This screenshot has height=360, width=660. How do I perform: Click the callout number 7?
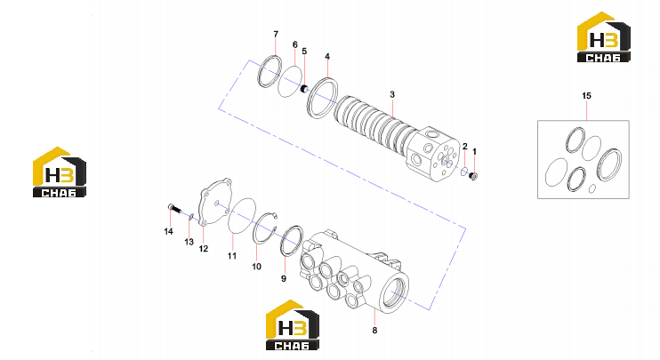(x=276, y=34)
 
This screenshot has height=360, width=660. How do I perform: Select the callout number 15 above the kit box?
(x=586, y=96)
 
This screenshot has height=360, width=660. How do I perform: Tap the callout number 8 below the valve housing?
(x=374, y=331)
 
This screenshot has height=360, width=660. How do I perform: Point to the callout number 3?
(x=392, y=94)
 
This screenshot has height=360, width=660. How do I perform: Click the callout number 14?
(x=168, y=231)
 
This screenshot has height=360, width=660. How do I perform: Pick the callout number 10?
(x=256, y=266)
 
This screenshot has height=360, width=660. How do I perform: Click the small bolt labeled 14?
(x=173, y=208)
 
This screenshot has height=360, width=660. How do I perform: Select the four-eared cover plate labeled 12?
(x=215, y=202)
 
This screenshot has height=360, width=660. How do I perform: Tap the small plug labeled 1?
(x=473, y=176)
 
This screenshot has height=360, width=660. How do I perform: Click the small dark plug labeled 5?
(x=304, y=89)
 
